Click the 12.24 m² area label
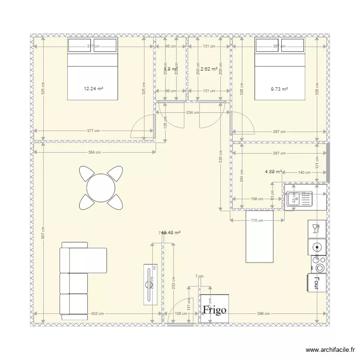94,89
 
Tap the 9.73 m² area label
279,89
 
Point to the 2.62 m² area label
209,69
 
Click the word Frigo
215,310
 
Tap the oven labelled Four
317,283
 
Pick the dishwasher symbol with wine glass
317,228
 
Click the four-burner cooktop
318,264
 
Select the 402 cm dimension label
97,314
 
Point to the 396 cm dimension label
263,314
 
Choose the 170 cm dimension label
257,220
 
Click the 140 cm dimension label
304,172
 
